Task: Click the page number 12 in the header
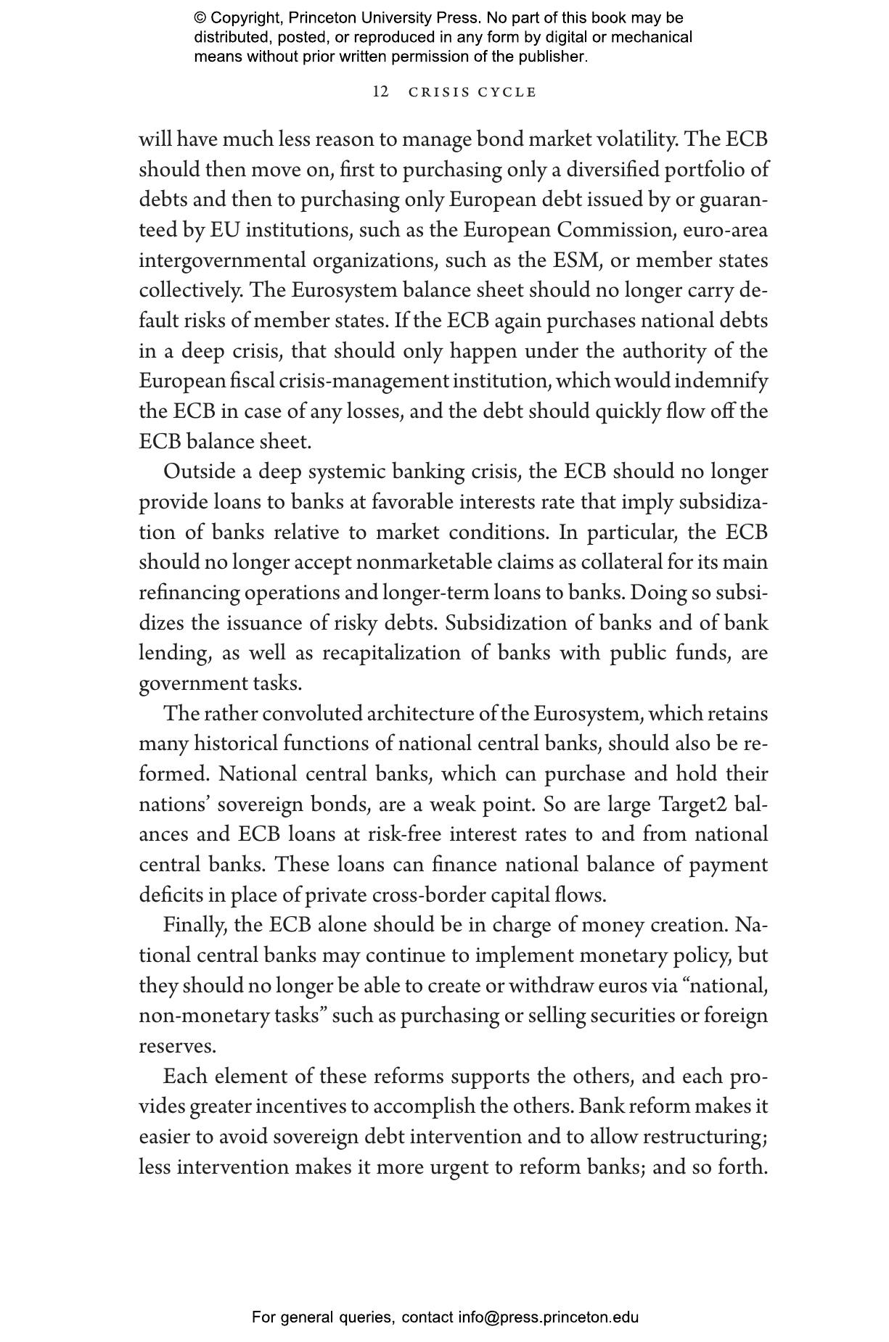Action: pos(380,92)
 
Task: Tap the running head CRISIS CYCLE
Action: pos(472,92)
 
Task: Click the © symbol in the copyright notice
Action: pos(200,18)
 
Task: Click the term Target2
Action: pos(694,804)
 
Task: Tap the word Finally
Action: pos(194,926)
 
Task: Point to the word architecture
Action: pos(420,714)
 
